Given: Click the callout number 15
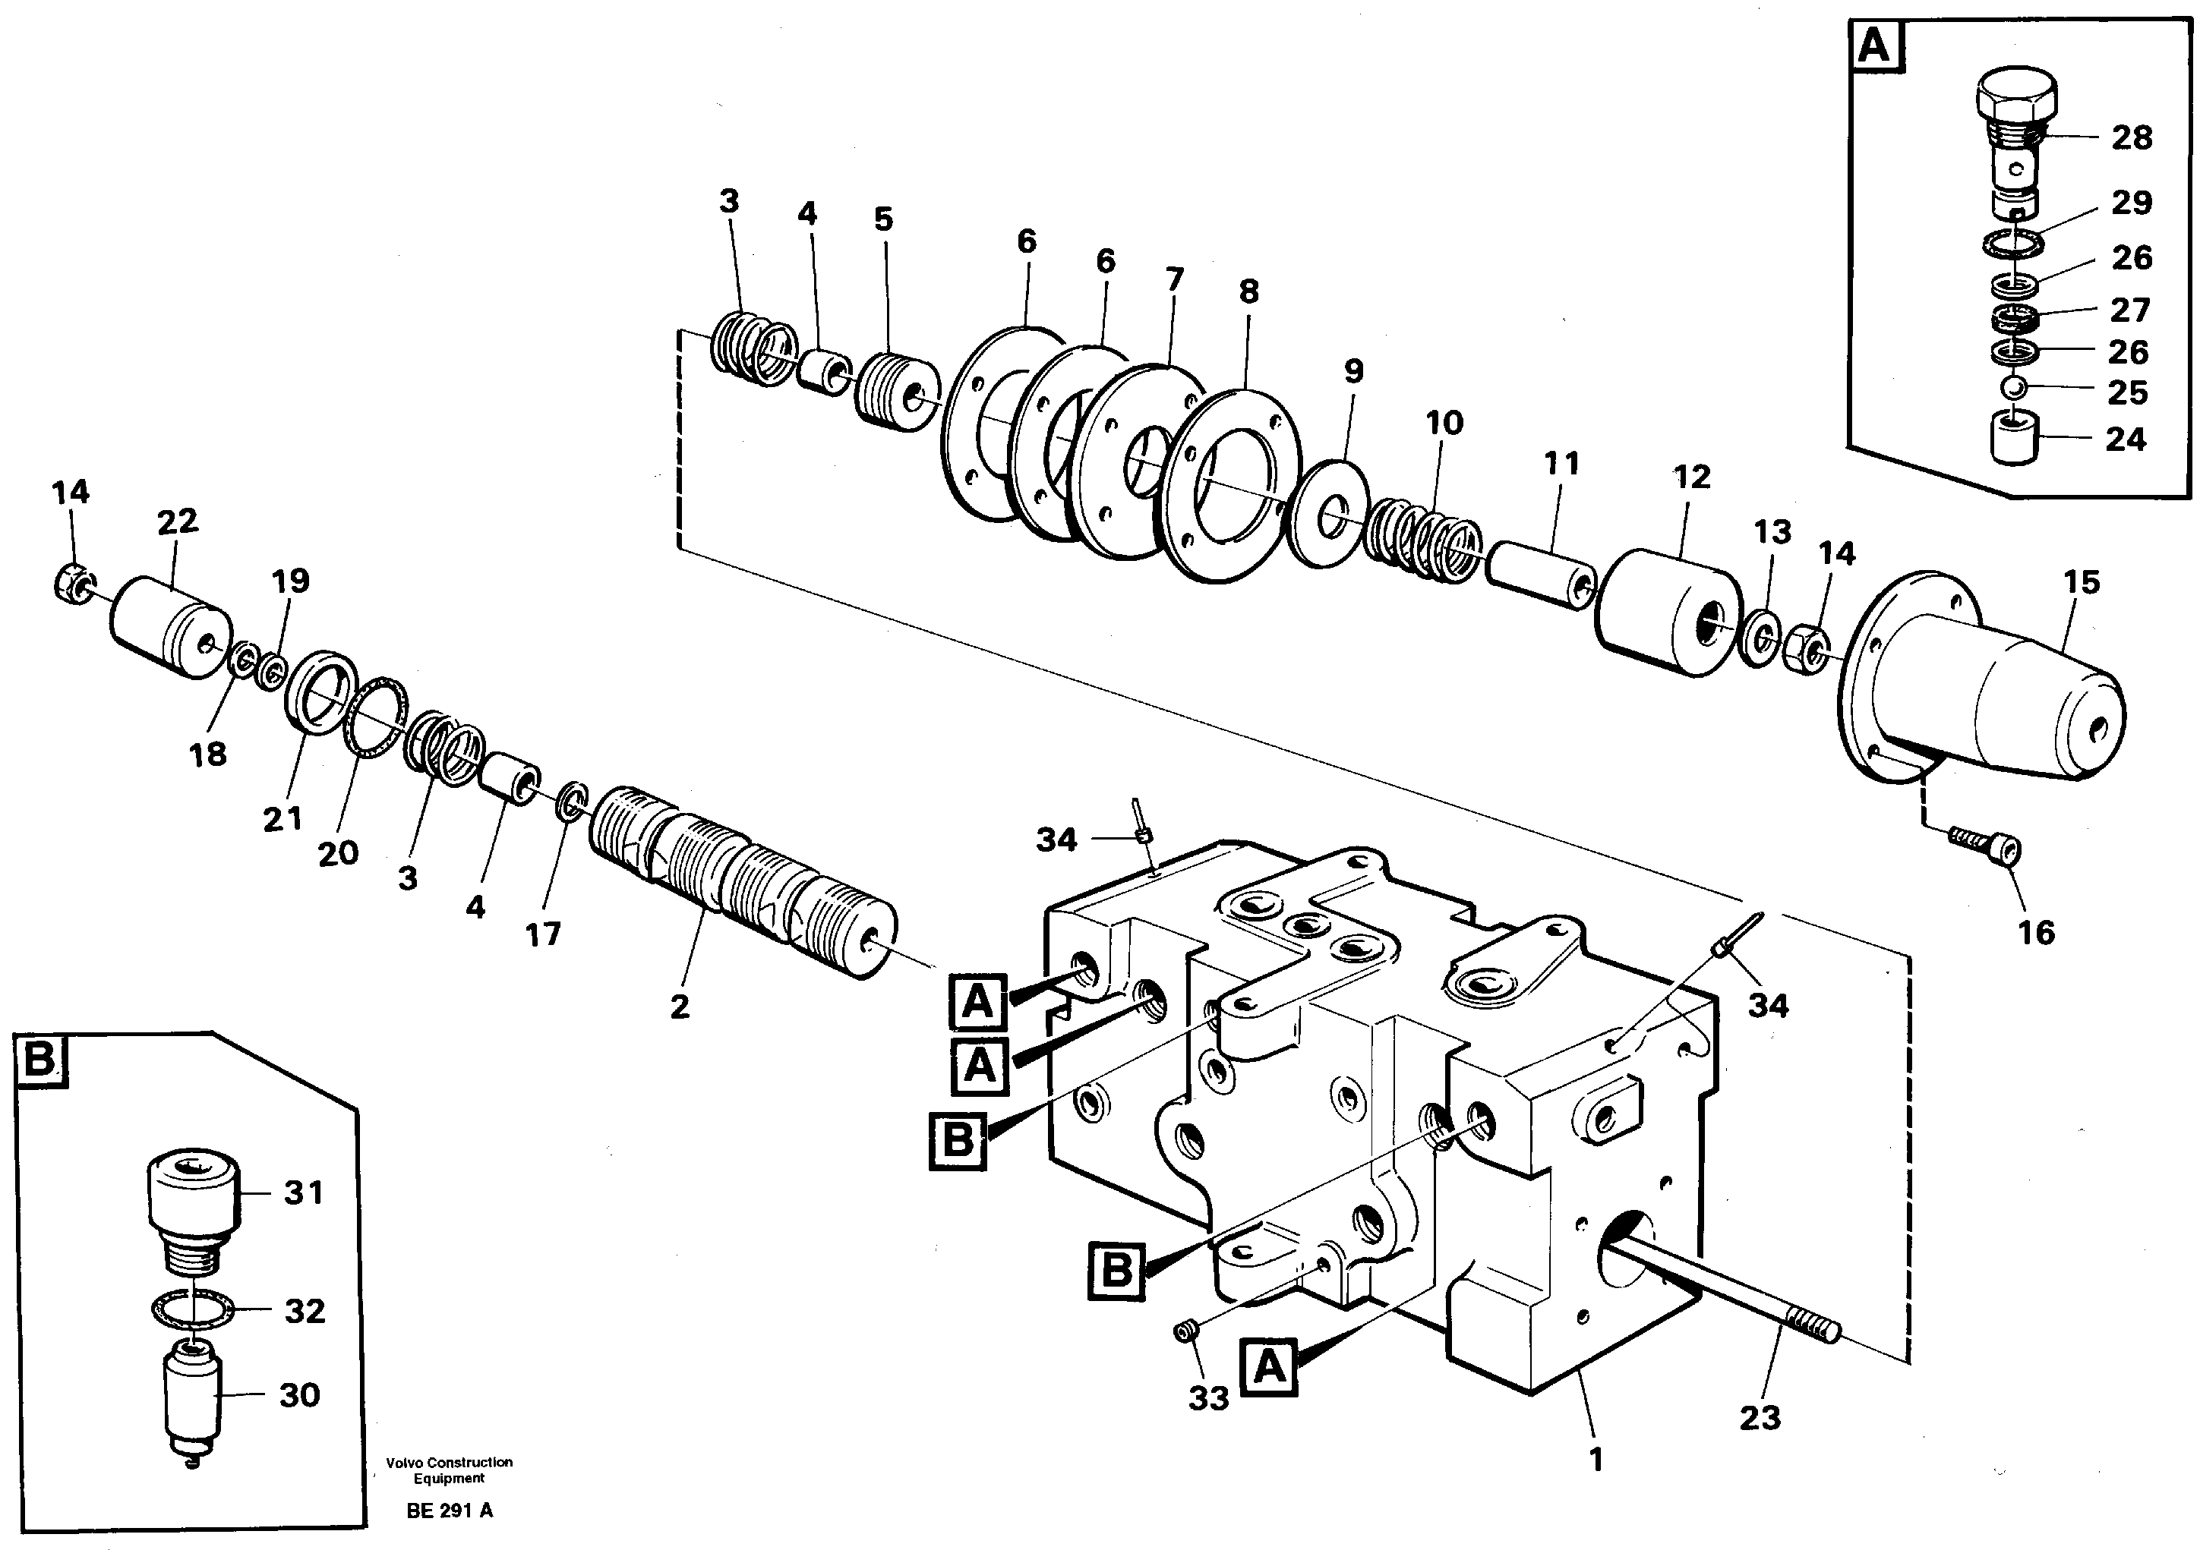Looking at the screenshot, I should pos(2082,582).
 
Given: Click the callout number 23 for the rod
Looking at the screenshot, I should pos(1760,1417).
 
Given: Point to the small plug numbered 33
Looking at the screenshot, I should pos(1186,1331).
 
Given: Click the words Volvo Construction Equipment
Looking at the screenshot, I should pos(450,1470).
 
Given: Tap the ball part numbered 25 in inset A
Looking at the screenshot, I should pos(2010,388).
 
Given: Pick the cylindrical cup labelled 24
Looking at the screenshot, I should pos(2011,438).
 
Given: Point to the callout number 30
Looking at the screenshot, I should pos(299,1395).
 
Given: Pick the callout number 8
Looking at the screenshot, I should pos(1248,291).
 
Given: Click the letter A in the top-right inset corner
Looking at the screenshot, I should pos(1874,45).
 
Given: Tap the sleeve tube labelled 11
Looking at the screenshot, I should pos(1540,574).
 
